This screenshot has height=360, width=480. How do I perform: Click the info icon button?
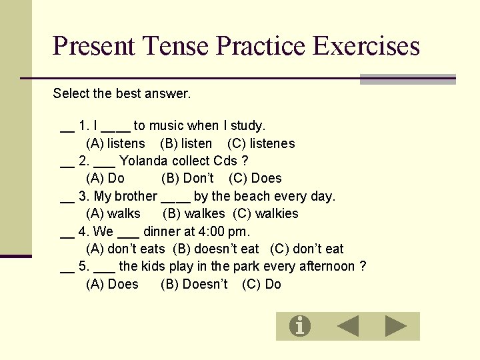coord(300,326)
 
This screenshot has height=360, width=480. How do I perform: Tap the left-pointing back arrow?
coord(347,326)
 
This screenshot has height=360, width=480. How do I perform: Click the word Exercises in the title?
coord(366,46)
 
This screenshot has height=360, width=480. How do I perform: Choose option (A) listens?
coord(115,143)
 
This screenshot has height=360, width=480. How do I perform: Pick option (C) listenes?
coord(261,143)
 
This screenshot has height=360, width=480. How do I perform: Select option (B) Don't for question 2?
coord(187,178)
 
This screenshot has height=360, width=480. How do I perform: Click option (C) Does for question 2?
coord(255,178)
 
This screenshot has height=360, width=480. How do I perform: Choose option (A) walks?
coord(113,213)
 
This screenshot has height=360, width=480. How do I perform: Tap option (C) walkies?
coord(265,213)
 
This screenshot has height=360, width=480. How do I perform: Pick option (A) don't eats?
coord(125,249)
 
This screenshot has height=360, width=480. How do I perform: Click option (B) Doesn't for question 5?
coord(194,284)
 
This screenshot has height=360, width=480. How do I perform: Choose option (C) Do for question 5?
coord(261,284)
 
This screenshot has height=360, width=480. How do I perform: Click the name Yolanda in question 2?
coord(143,161)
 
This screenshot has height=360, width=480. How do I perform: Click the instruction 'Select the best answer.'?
coord(122,93)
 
